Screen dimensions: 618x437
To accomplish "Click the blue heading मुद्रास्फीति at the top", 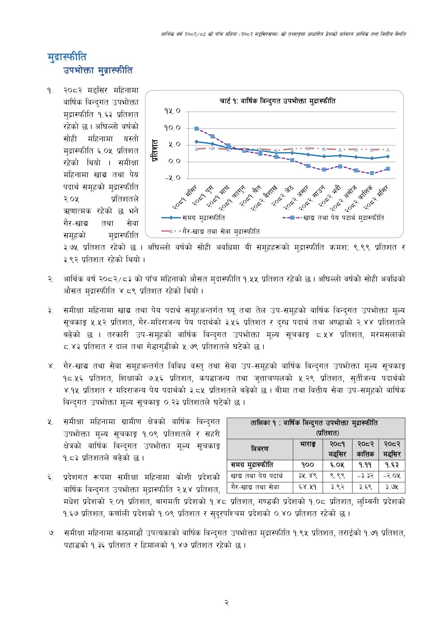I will tap(67, 57).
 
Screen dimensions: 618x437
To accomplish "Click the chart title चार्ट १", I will tap(277, 101).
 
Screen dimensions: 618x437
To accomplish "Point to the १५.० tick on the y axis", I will tap(172, 111).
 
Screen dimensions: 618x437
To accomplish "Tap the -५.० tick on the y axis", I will tap(172, 178).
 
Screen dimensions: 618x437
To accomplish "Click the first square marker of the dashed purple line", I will tap(196, 129).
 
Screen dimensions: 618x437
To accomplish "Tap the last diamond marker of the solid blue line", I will tap(388, 156).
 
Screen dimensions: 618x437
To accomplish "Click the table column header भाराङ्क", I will tap(307, 445).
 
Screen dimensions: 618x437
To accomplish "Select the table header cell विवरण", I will tap(260, 449).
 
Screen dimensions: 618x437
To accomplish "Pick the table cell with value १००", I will tap(307, 465).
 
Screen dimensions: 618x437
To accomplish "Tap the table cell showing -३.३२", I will tap(365, 476).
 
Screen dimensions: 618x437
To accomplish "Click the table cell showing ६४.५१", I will tap(307, 487).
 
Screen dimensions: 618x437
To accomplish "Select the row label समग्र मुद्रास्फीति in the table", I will tap(252, 465).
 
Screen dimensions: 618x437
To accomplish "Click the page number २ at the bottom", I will tap(227, 603).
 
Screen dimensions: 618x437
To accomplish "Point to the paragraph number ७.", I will tap(51, 533).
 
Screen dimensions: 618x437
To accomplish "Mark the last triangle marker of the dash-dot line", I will tap(388, 150).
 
